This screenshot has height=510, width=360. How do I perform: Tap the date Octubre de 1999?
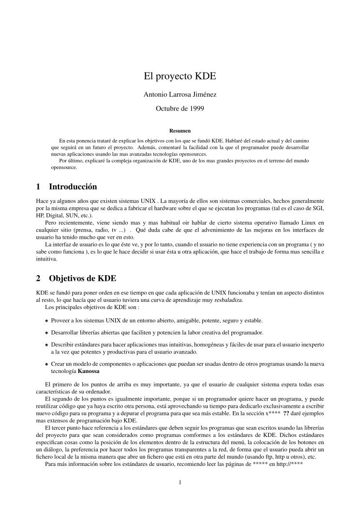pyautogui.click(x=180, y=108)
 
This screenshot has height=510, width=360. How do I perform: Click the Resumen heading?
pyautogui.click(x=180, y=130)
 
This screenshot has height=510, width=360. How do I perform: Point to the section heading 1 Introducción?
pyautogui.click(x=67, y=186)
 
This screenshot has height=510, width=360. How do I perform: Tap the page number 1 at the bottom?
pyautogui.click(x=180, y=482)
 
